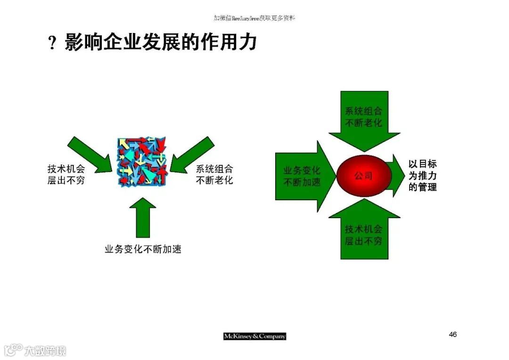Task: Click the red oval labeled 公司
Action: click(363, 176)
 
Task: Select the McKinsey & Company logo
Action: click(254, 336)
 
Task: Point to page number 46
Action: click(452, 335)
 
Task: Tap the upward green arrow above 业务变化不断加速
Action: click(143, 217)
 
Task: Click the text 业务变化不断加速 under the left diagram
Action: click(143, 249)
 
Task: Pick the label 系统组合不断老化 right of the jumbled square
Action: click(214, 174)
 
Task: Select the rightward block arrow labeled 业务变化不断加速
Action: click(302, 176)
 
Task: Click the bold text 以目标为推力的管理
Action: click(422, 176)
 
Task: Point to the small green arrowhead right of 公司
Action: click(396, 176)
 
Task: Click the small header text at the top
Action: click(254, 18)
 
